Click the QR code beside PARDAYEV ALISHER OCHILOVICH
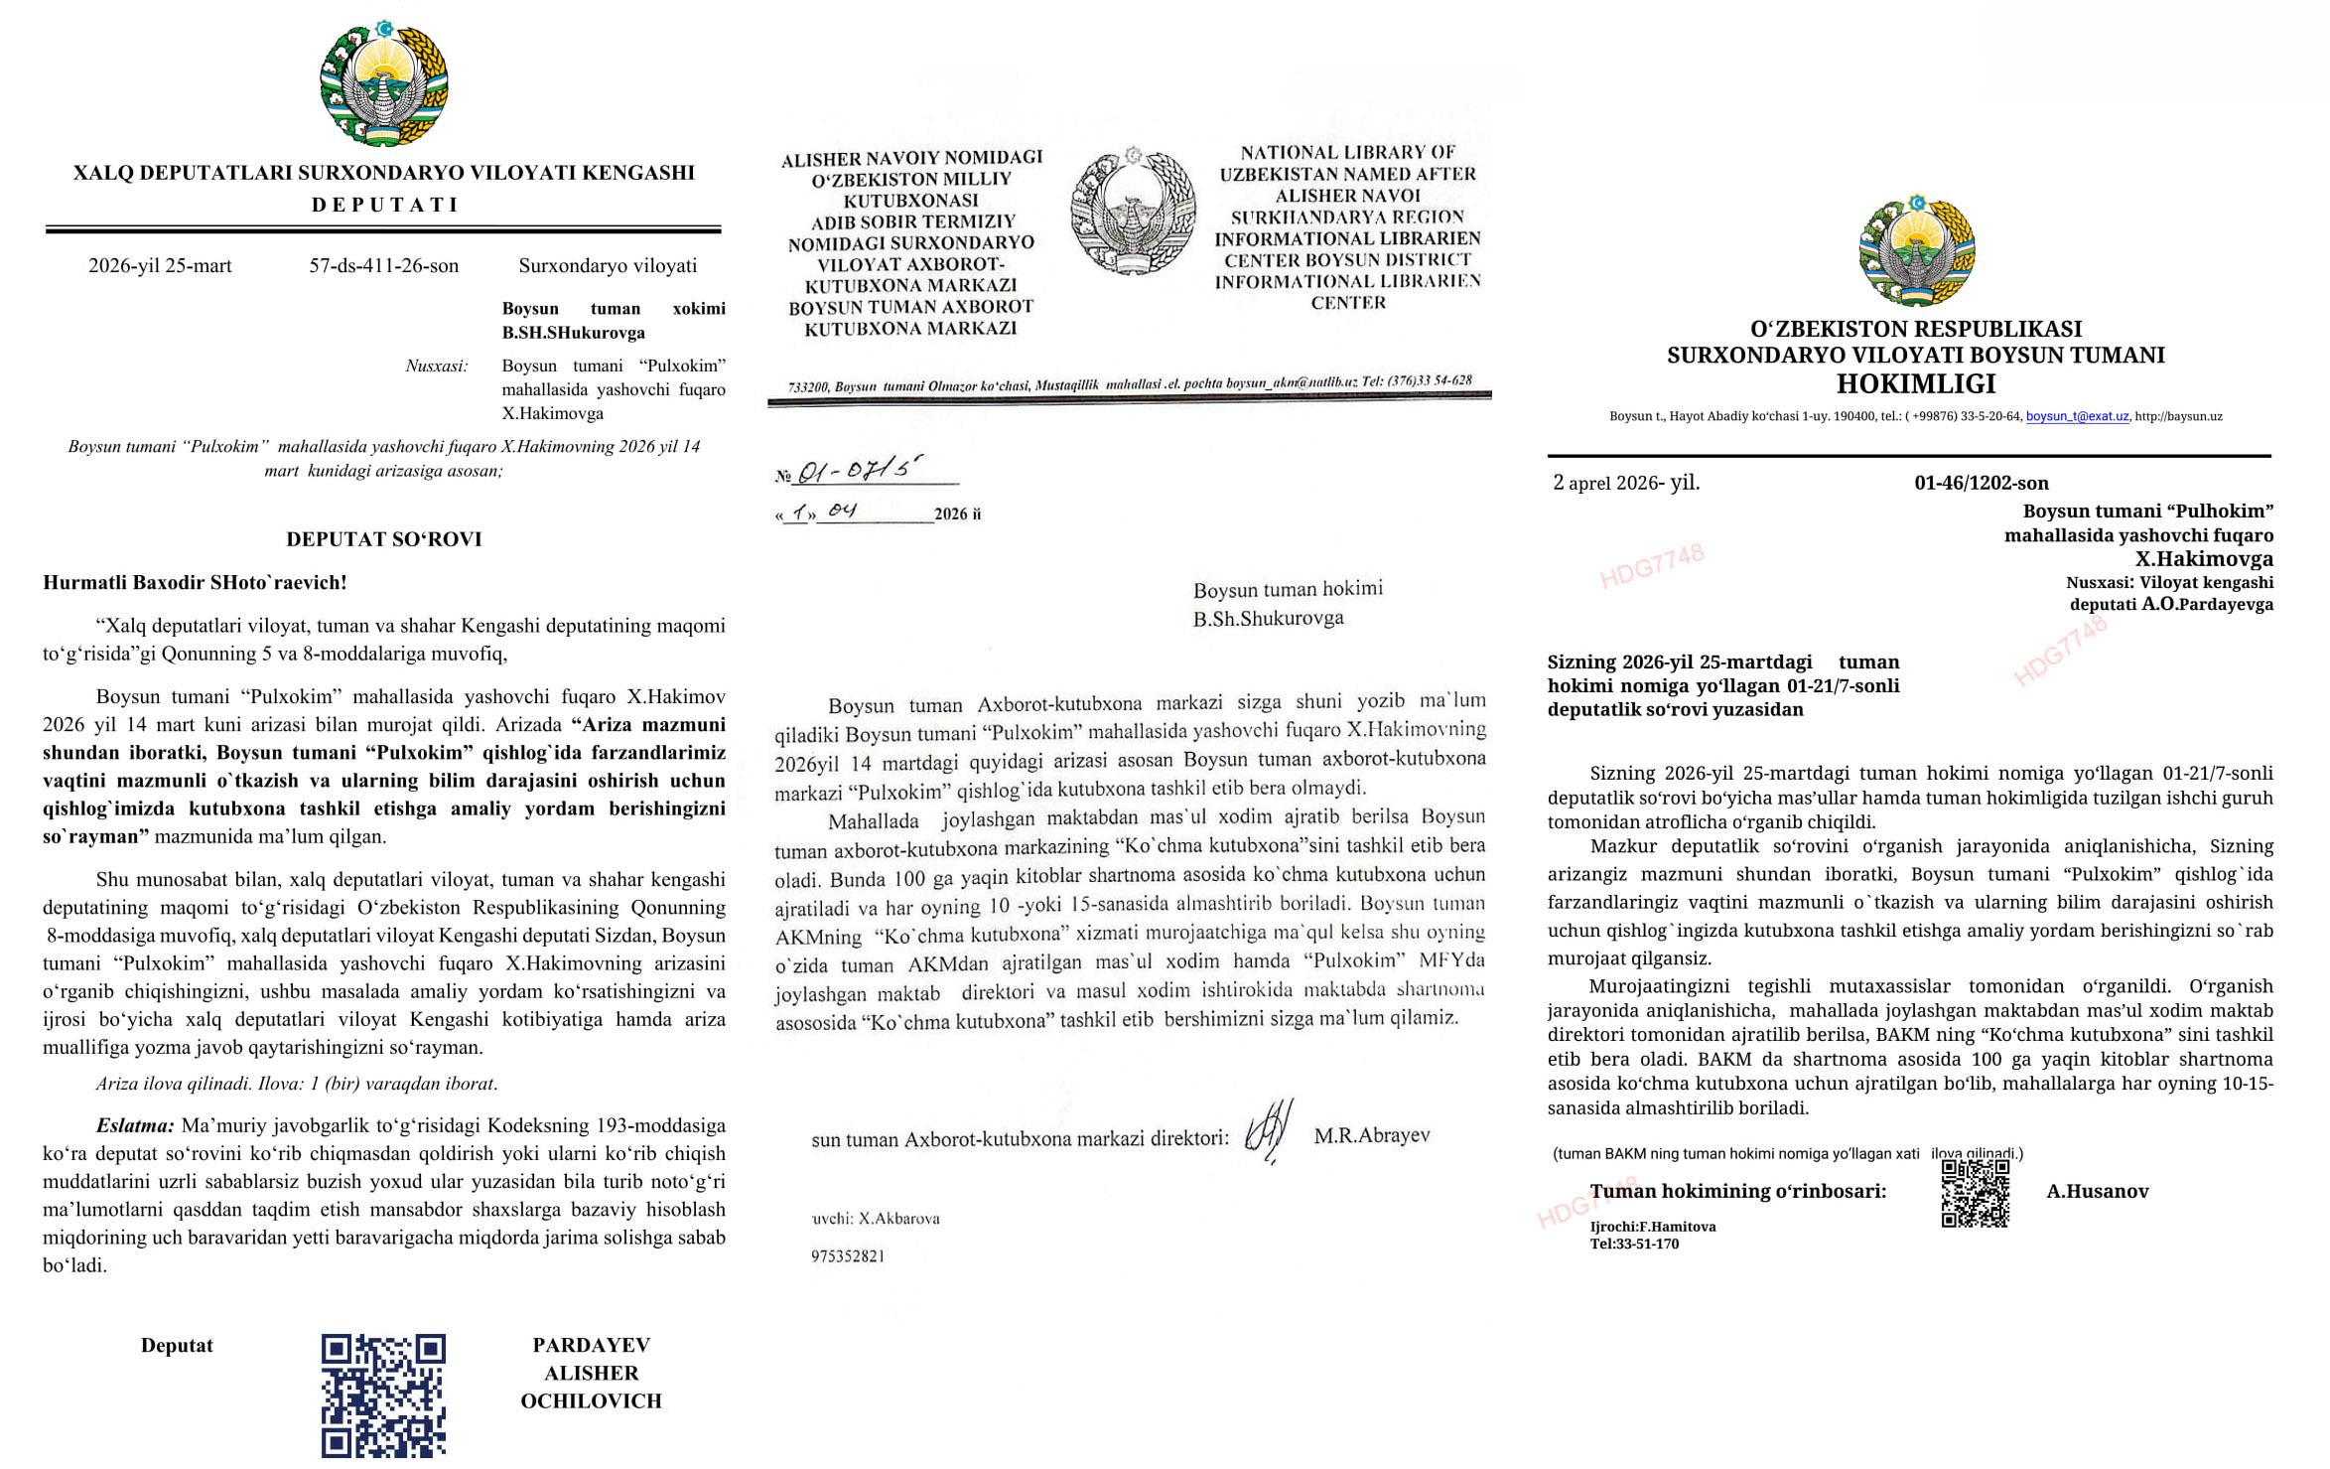pyautogui.click(x=383, y=1395)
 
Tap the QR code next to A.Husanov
pyautogui.click(x=1975, y=1193)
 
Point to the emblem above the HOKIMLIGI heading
pyautogui.click(x=1916, y=251)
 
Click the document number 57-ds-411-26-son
pyautogui.click(x=383, y=266)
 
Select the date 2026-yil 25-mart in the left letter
pyautogui.click(x=160, y=266)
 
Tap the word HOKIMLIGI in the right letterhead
pyautogui.click(x=1915, y=383)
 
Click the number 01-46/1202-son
pyautogui.click(x=1981, y=484)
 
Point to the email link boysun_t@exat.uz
pyautogui.click(x=2077, y=417)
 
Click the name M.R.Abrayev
pyautogui.click(x=1371, y=1135)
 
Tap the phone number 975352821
pyautogui.click(x=848, y=1256)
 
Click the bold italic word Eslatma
pyautogui.click(x=135, y=1126)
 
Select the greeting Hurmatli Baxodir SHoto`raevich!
pyautogui.click(x=195, y=583)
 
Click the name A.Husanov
pyautogui.click(x=2097, y=1191)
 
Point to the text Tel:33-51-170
pyautogui.click(x=1634, y=1244)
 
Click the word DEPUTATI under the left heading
pyautogui.click(x=384, y=206)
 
